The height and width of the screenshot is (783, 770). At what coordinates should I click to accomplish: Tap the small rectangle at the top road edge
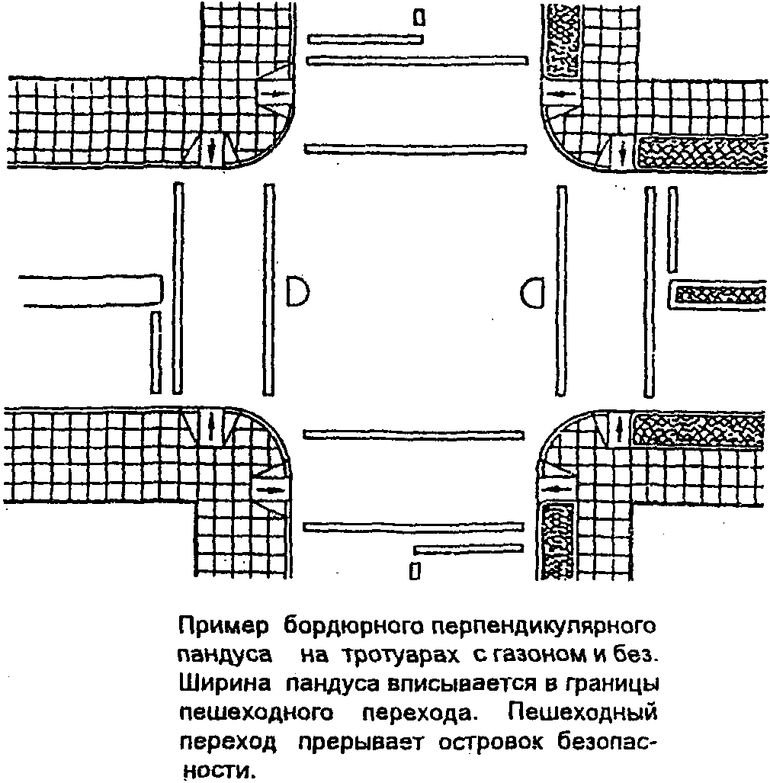coord(419,16)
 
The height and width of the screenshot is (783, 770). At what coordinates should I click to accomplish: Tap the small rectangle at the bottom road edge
coord(415,570)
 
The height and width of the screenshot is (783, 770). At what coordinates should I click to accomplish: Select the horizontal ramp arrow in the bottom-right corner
coord(560,487)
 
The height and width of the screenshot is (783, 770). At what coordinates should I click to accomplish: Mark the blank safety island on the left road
coord(84,290)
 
